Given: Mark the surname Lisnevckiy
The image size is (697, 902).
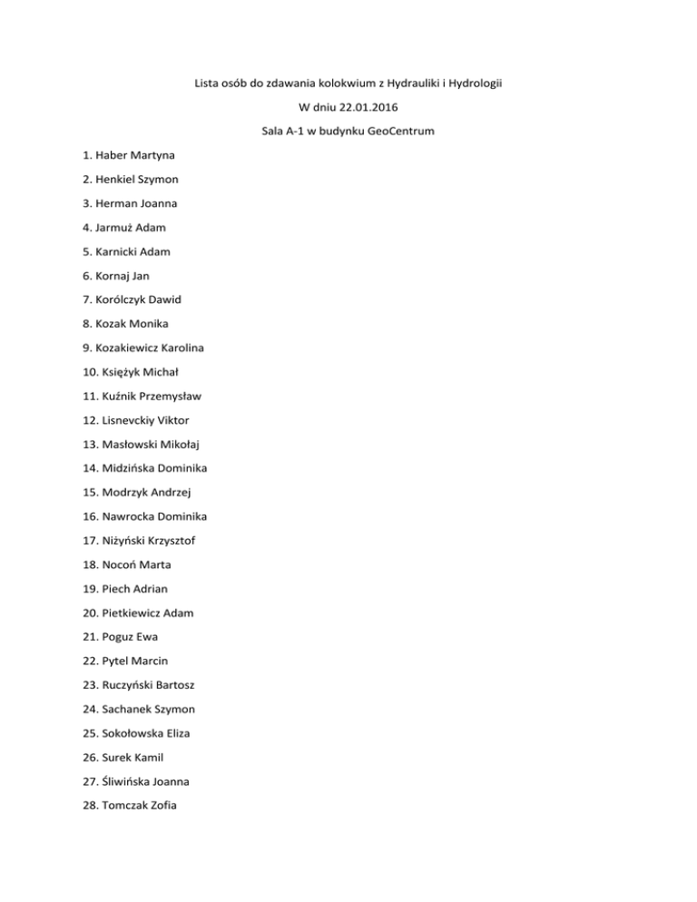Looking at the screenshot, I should click(x=130, y=420).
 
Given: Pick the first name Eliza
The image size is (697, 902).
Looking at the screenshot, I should click(x=175, y=732).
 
